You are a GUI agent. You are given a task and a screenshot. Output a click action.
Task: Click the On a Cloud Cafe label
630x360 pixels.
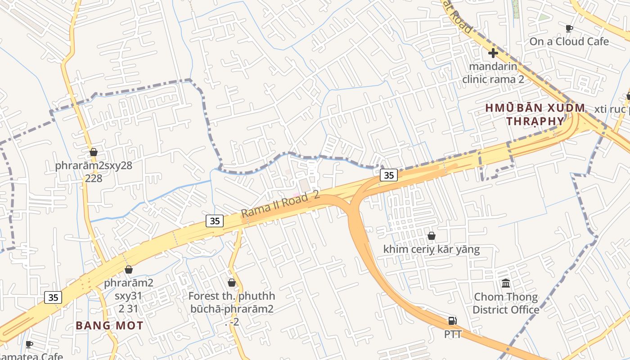pyautogui.click(x=569, y=41)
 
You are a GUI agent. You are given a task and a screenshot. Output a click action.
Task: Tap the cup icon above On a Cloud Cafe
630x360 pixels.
pyautogui.click(x=569, y=29)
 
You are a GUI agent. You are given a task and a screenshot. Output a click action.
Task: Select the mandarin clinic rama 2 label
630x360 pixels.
pyautogui.click(x=493, y=72)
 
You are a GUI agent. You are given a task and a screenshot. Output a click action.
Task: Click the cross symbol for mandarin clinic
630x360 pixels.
pyautogui.click(x=493, y=53)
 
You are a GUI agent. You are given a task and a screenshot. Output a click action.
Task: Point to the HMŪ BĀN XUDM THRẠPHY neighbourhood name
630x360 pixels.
pyautogui.click(x=535, y=115)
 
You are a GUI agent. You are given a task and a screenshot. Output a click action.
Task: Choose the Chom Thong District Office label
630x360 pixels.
pyautogui.click(x=506, y=303)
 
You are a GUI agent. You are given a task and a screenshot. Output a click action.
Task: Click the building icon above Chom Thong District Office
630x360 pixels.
pyautogui.click(x=506, y=283)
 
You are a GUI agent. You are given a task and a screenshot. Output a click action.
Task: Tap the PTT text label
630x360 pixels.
pyautogui.click(x=453, y=334)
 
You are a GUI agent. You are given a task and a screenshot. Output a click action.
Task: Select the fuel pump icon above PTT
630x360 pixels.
pyautogui.click(x=453, y=321)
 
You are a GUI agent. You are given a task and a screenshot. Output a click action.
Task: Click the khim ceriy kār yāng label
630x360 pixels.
pyautogui.click(x=431, y=249)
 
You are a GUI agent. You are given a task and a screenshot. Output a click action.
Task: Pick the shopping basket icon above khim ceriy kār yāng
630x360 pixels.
pyautogui.click(x=431, y=236)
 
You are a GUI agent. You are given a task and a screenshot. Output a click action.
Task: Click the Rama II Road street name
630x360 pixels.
pyautogui.click(x=279, y=205)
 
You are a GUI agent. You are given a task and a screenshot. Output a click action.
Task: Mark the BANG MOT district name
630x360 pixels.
pyautogui.click(x=109, y=326)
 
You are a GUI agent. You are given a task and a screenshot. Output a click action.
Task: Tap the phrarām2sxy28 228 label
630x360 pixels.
pyautogui.click(x=94, y=172)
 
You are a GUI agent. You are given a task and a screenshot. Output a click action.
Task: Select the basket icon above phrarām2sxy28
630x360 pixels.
pyautogui.click(x=94, y=152)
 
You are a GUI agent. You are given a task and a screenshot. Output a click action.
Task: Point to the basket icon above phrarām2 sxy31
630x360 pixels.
pyautogui.click(x=129, y=270)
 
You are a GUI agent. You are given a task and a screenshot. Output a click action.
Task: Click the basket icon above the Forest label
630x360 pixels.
pyautogui.click(x=232, y=283)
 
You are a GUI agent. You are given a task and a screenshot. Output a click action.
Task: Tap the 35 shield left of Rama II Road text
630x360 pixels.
pyautogui.click(x=215, y=220)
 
